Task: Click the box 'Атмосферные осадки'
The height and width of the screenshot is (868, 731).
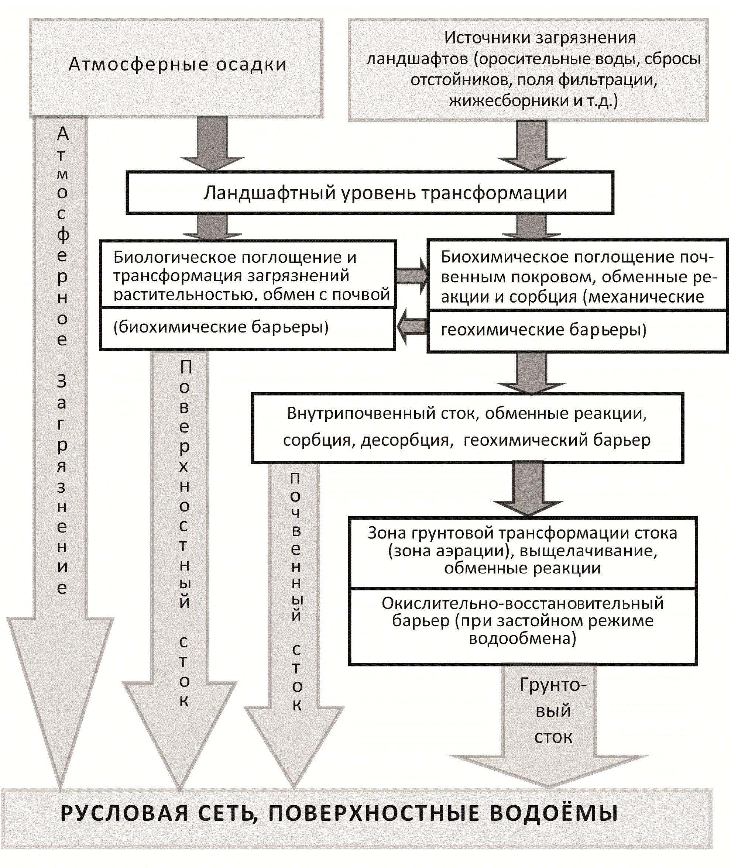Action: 177,66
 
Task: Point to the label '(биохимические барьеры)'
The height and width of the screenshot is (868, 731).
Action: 221,327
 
